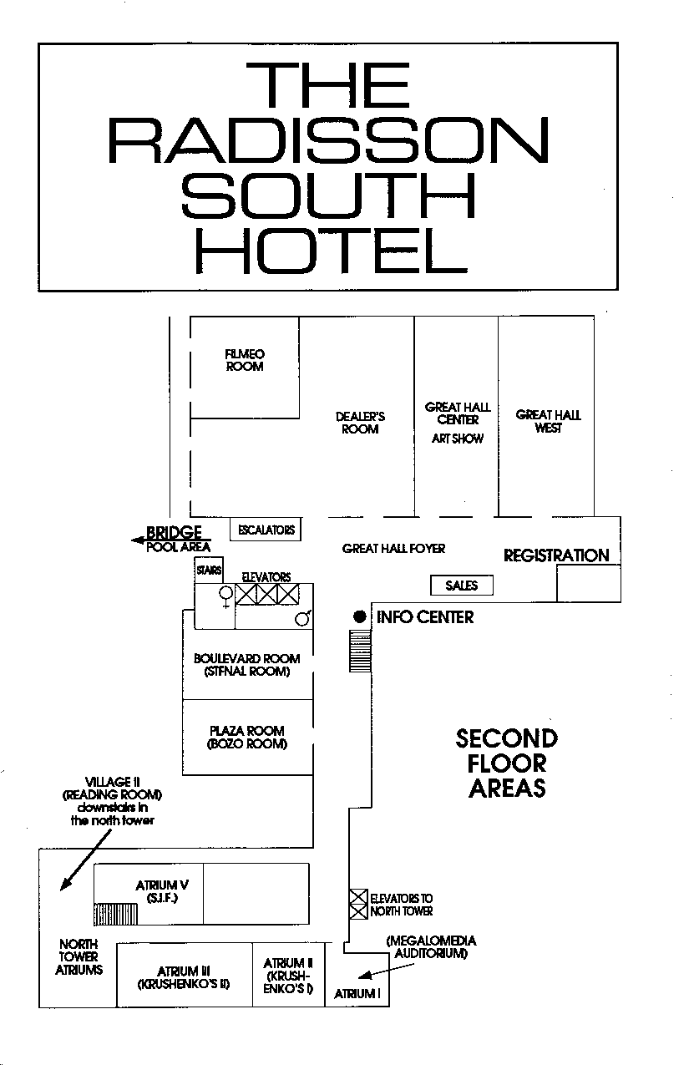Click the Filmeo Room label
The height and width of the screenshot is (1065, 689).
245,360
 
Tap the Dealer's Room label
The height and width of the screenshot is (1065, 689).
360,423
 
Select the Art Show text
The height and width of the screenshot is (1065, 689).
458,439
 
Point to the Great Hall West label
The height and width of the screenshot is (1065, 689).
548,421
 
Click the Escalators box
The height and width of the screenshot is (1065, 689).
266,530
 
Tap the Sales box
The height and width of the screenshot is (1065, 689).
462,586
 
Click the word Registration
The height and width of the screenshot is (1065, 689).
556,555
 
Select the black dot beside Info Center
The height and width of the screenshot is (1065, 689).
360,616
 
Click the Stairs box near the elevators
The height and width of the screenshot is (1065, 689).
209,570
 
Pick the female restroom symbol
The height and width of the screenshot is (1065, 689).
225,596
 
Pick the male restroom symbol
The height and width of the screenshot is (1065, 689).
303,617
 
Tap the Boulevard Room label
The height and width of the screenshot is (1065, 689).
246,665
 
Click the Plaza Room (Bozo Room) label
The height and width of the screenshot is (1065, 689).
246,737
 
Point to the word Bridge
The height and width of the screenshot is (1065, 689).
174,532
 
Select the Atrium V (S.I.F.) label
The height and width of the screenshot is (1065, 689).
162,891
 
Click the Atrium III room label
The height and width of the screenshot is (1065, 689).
184,977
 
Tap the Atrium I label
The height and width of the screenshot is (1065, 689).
357,994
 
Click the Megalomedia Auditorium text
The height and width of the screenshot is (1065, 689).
431,946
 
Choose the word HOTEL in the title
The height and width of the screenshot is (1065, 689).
332,250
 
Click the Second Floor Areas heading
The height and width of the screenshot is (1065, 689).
507,763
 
